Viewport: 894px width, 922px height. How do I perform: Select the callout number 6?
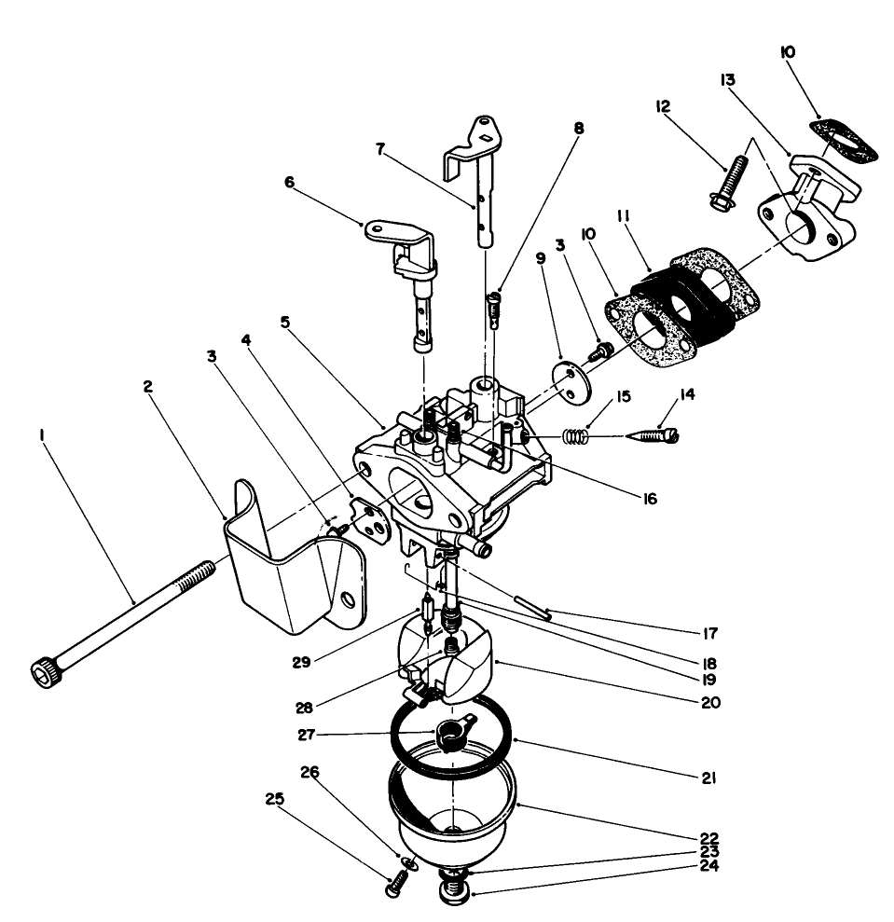point(288,183)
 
